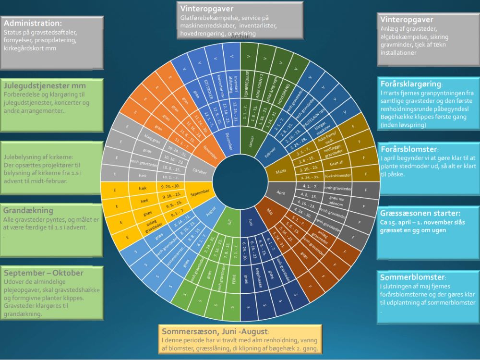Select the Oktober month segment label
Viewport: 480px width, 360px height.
click(200, 171)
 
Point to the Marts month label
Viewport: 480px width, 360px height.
click(281, 171)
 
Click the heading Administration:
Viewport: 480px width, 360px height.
click(33, 23)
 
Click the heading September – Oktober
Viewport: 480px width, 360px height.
click(43, 273)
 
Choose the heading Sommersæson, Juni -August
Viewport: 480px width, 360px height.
click(216, 332)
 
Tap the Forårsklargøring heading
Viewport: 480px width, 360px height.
click(411, 82)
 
